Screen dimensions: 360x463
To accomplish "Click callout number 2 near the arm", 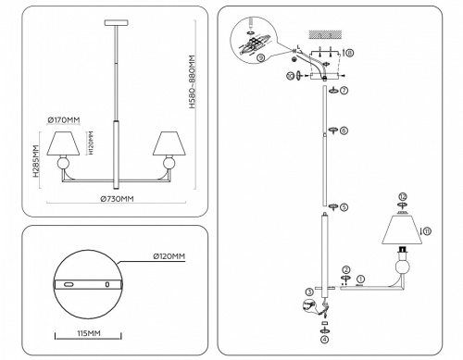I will [x=344, y=268].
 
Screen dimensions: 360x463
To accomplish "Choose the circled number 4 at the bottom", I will [x=324, y=340].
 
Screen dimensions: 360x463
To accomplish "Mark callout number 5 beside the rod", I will [x=344, y=207].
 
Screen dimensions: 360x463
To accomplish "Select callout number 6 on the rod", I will [x=344, y=130].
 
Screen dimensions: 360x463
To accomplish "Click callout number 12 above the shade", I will [x=402, y=196].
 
